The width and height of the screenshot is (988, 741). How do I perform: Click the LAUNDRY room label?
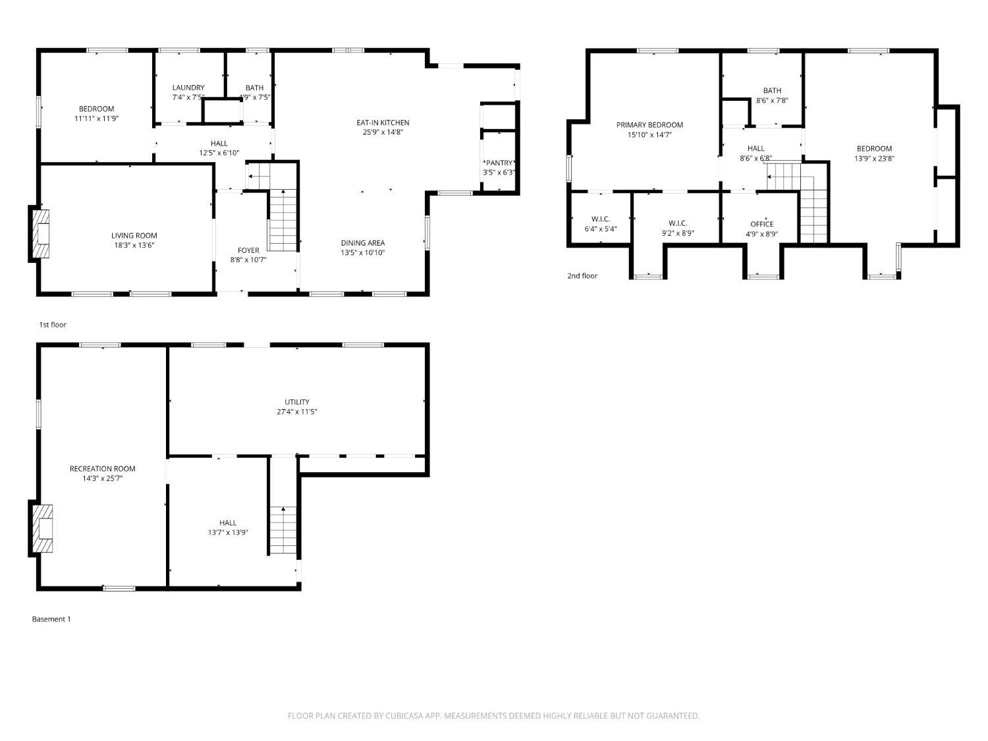188,88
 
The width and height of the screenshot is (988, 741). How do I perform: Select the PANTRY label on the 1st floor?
499,163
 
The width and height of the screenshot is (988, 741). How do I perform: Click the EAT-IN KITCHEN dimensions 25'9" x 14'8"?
383,132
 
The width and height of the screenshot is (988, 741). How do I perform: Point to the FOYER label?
248,250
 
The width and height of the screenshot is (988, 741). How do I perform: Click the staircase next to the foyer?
283,220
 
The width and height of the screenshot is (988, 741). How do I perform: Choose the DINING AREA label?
362,243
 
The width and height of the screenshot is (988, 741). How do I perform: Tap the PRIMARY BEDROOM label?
649,125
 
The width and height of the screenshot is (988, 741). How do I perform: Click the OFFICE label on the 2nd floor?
761,224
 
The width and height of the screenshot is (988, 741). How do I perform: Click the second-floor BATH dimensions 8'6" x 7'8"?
772,100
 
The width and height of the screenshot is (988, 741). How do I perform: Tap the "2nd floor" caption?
582,276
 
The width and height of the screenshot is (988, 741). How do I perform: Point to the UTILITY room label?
296,402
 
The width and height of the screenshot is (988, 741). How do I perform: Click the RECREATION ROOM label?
102,468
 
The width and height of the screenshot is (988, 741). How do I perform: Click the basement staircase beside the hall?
283,530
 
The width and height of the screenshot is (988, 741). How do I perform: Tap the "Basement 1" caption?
51,619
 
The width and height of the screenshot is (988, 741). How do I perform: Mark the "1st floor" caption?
53,325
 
